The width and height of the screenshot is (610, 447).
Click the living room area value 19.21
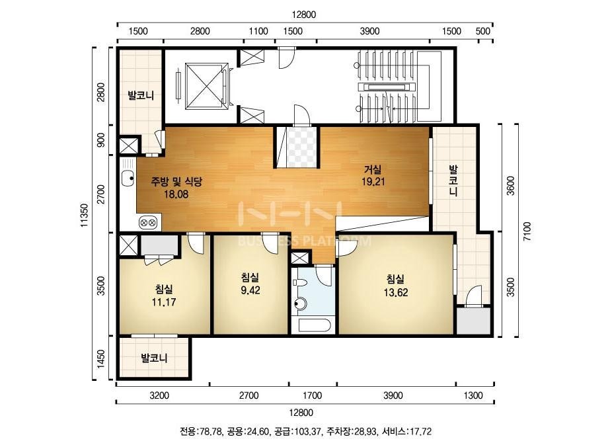click(x=373, y=181)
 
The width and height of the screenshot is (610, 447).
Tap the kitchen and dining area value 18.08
click(x=176, y=194)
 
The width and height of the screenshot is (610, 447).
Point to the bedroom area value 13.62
click(x=396, y=292)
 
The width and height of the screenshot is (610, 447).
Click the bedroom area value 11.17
click(x=164, y=302)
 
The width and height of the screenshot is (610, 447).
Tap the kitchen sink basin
click(x=128, y=179)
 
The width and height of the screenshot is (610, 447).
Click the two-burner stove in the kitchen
click(x=148, y=223)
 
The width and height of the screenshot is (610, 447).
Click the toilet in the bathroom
click(x=299, y=304)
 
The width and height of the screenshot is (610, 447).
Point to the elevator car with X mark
click(x=204, y=86)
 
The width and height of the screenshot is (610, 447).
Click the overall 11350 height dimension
click(x=85, y=215)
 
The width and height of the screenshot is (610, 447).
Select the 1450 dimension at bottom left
click(x=101, y=358)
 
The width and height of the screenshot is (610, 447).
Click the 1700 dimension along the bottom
click(x=313, y=395)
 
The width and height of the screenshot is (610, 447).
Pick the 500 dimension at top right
click(x=483, y=31)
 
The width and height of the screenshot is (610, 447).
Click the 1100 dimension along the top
click(x=258, y=31)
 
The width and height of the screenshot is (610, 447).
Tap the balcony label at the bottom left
click(x=154, y=358)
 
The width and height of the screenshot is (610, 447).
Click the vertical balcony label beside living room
click(x=453, y=181)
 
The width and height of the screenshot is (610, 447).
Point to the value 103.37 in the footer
click(x=308, y=431)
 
